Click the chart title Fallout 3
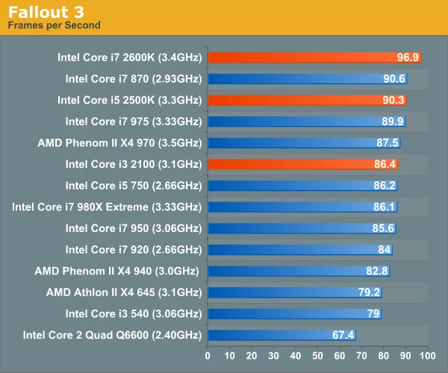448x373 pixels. [x=46, y=12]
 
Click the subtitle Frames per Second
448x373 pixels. [x=54, y=25]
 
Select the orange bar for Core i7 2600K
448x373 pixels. [x=299, y=57]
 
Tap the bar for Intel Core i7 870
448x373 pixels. [x=291, y=78]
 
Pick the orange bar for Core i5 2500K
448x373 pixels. [x=291, y=99]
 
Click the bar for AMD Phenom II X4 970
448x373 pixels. [x=287, y=142]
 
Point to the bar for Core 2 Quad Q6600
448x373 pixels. [x=269, y=335]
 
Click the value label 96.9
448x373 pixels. [x=408, y=57]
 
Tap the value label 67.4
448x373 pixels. [x=343, y=335]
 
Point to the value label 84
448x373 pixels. [x=385, y=250]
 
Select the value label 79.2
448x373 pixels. [x=369, y=292]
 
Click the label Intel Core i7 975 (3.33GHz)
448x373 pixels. [x=134, y=121]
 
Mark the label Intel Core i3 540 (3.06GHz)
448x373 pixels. [x=134, y=313]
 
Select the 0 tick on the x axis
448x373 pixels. [x=208, y=355]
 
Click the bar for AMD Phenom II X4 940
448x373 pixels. [x=284, y=271]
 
